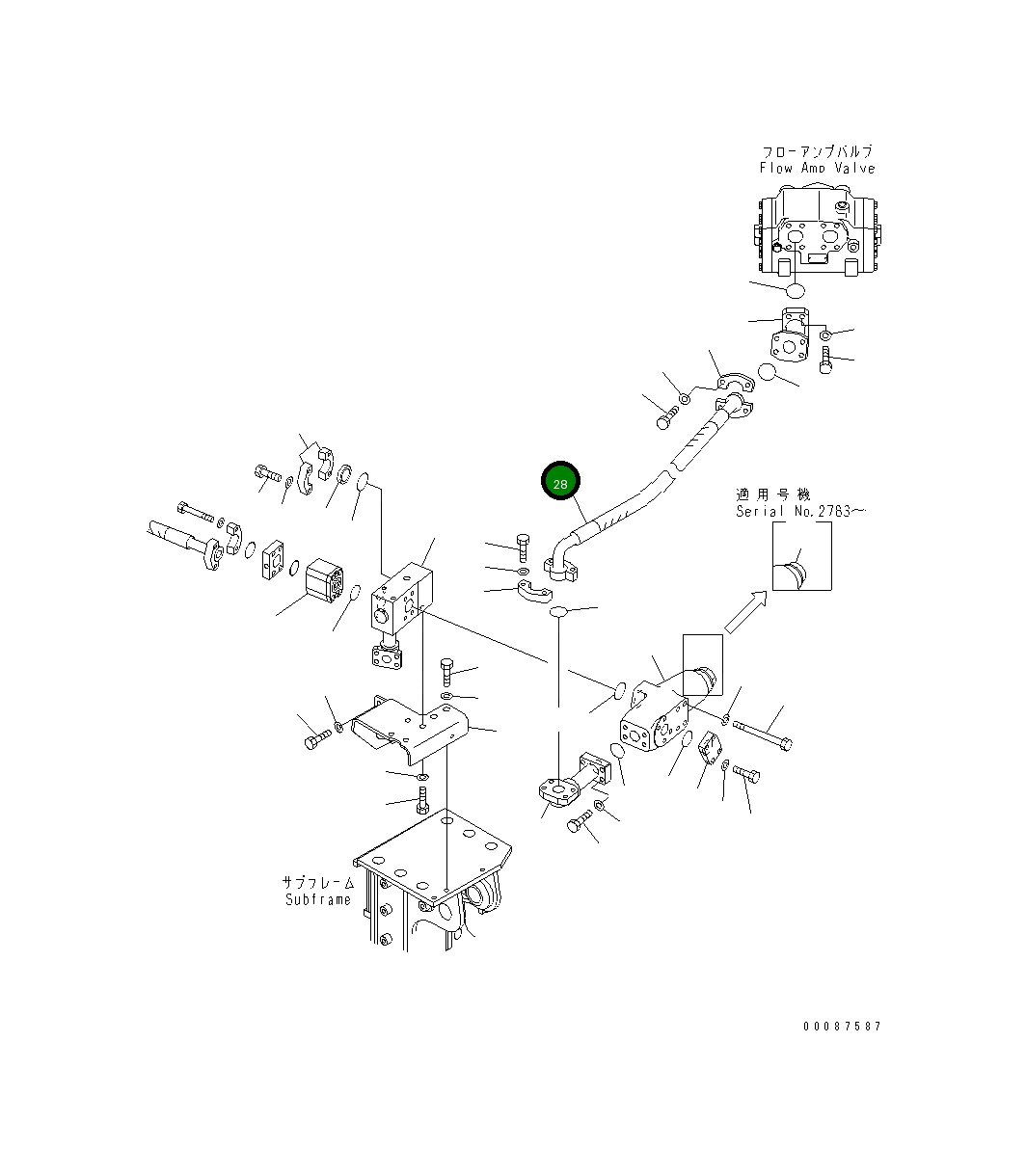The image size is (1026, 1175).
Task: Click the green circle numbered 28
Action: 560,482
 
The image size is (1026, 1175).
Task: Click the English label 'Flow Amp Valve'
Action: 817,168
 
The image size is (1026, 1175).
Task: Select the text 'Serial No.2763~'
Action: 799,511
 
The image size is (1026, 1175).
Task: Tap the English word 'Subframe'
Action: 318,899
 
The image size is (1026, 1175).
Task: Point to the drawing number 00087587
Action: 842,1027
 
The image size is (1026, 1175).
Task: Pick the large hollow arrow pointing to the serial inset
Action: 744,613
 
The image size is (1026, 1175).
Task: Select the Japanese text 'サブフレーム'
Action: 318,882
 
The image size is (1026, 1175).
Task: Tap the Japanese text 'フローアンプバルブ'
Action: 817,151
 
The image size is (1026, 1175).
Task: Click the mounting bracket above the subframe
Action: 410,730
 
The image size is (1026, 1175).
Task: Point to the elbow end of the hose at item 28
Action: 561,556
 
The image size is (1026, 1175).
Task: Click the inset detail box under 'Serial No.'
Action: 801,562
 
